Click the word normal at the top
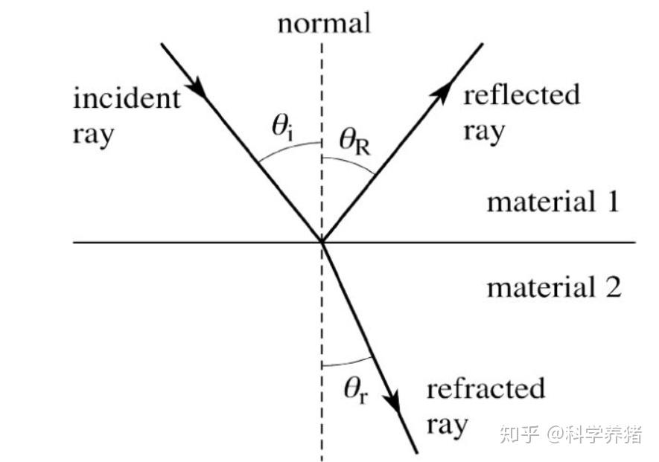323,24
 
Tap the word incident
127,99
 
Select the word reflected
521,95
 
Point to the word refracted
486,389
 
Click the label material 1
553,202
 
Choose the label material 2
553,287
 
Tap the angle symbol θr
356,390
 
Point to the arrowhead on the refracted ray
394,402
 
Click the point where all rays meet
322,242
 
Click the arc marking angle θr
344,363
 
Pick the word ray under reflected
484,132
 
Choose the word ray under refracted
447,426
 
